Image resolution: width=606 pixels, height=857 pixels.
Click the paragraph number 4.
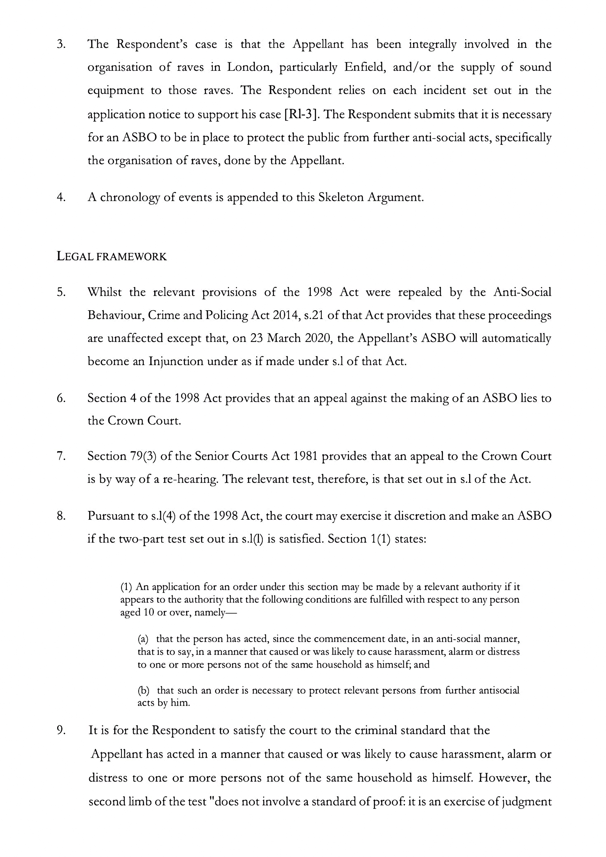click(x=61, y=197)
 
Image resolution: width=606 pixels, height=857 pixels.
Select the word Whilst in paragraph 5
click(x=105, y=292)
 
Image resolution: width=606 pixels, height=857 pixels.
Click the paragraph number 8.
click(x=61, y=516)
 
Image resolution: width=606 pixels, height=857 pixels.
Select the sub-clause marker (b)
click(x=143, y=691)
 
